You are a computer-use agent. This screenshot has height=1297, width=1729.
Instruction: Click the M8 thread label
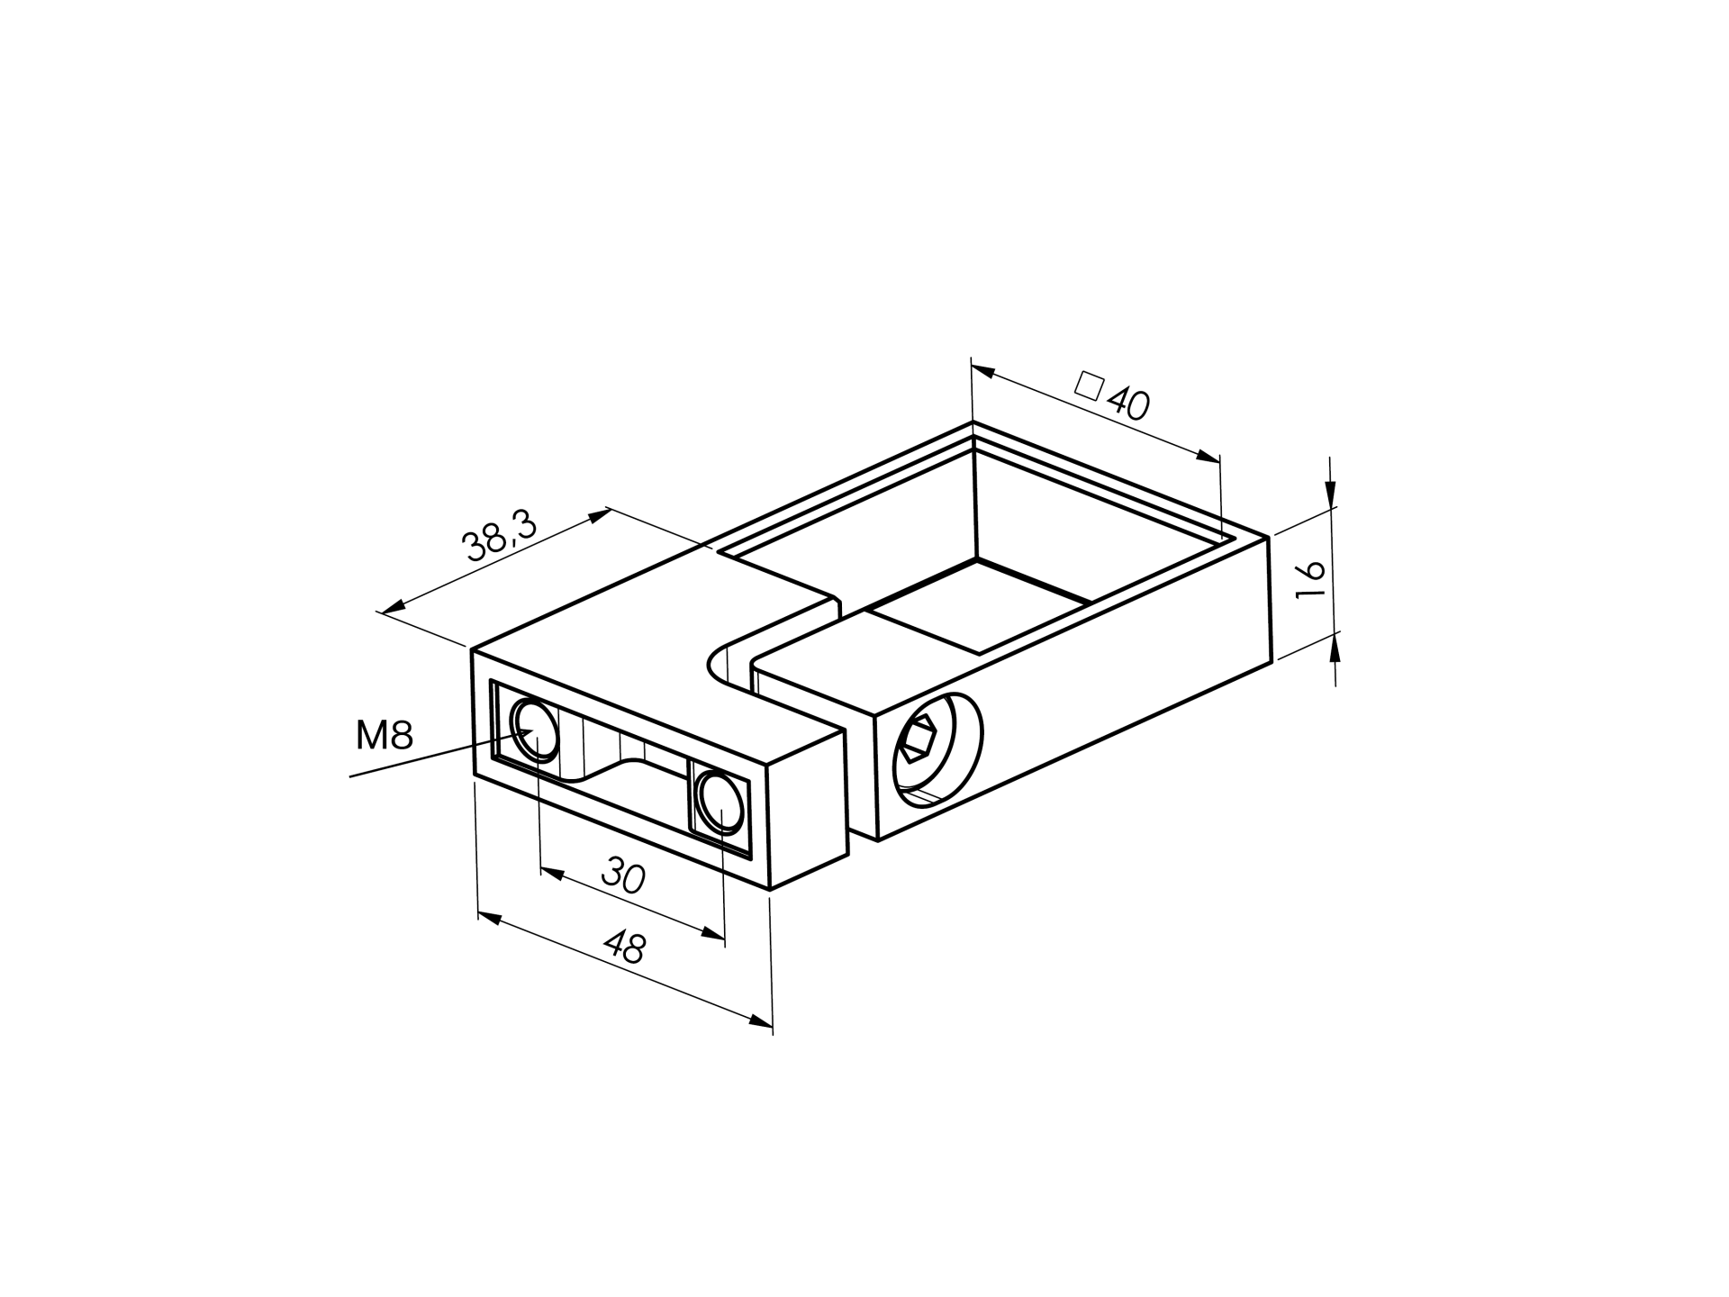[385, 736]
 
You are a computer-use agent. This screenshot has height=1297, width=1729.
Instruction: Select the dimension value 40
[1128, 404]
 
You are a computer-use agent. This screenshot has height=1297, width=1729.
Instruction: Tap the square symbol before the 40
[1090, 385]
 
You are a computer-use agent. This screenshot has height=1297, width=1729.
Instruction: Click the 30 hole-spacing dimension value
[624, 875]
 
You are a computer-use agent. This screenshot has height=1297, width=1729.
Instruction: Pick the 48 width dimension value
[624, 948]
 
